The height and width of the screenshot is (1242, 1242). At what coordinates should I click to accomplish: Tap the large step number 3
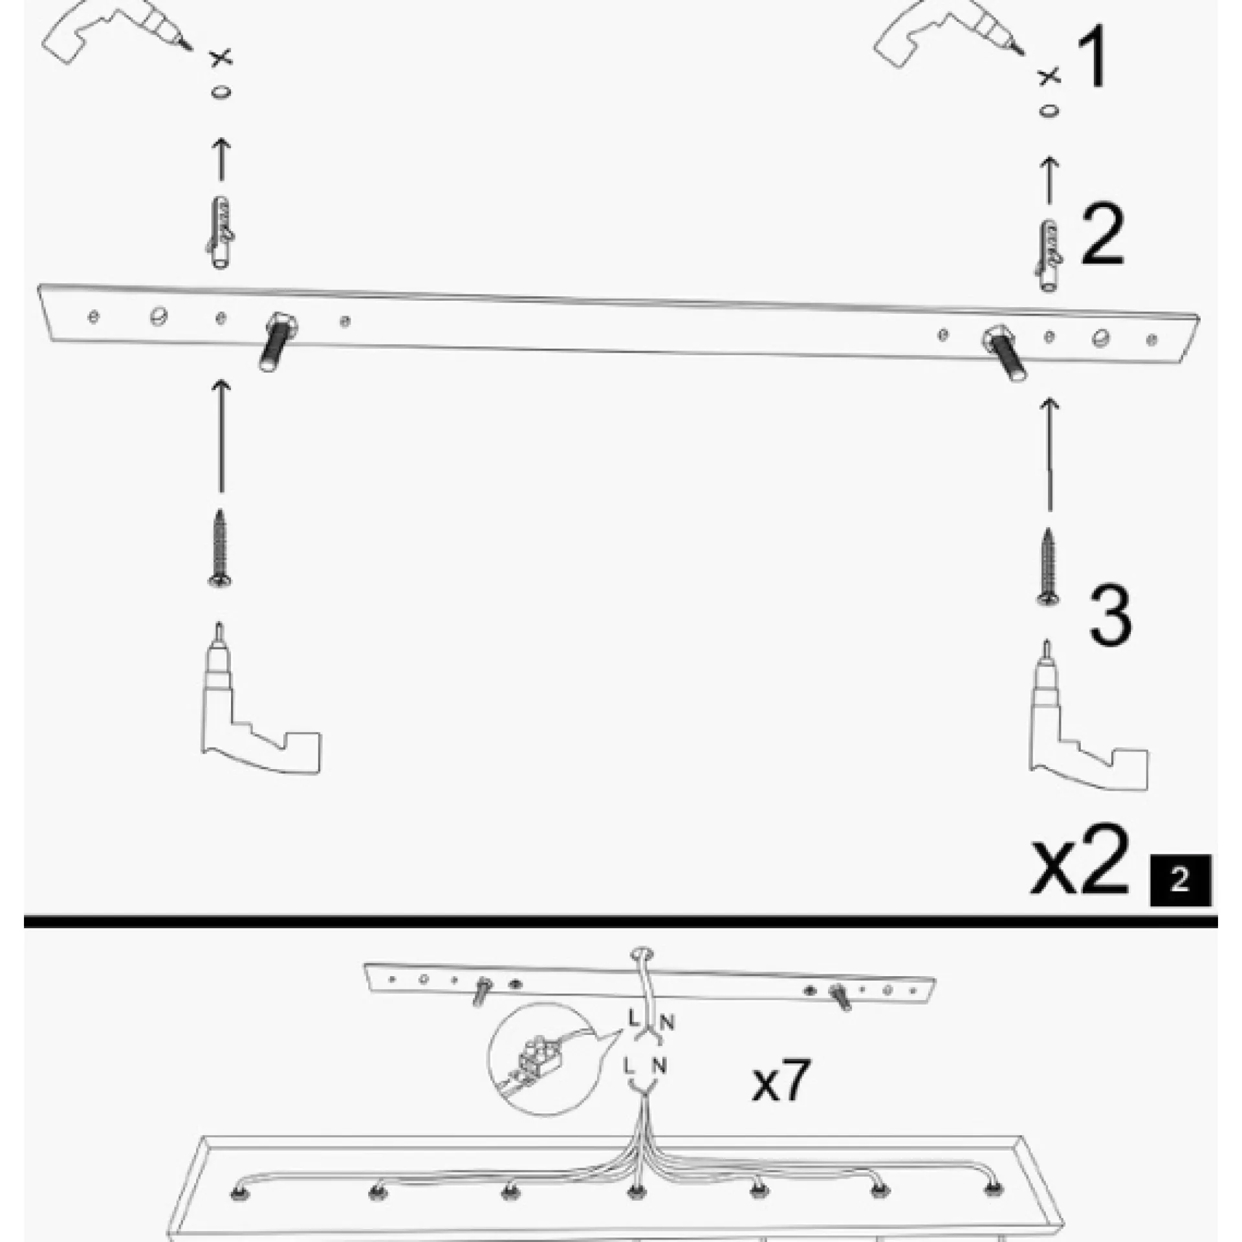point(1111,615)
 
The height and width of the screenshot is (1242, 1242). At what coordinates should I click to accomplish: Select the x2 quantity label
point(1080,861)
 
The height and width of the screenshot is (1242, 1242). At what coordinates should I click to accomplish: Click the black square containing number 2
point(1181,880)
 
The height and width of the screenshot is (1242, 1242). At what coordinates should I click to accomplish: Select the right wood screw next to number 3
point(1048,568)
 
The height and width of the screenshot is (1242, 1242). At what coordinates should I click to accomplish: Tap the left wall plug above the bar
point(221,230)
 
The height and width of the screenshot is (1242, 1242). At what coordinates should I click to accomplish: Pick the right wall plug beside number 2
point(1049,256)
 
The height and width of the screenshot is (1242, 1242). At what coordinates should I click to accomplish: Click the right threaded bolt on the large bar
point(1005,353)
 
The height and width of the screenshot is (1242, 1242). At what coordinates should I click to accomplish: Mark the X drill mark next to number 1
point(1049,78)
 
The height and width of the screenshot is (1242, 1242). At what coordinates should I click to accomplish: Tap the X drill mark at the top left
point(221,59)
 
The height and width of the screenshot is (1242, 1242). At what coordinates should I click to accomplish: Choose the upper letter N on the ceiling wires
point(667,1023)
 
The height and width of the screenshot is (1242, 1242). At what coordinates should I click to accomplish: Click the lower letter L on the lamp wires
point(629,1066)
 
